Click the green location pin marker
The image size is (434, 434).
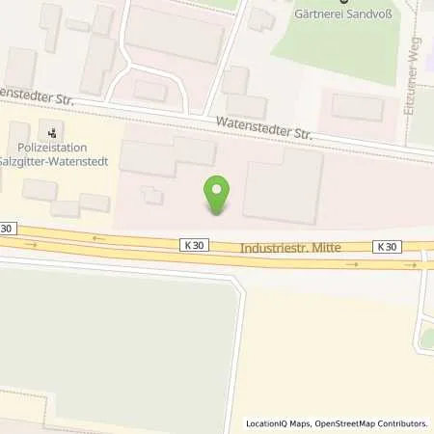(x=219, y=196)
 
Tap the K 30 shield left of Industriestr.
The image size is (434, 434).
(x=191, y=246)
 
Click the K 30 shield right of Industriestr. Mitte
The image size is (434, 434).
(x=387, y=247)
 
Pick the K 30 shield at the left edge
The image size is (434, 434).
(x=8, y=228)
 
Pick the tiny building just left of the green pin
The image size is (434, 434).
(x=152, y=194)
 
